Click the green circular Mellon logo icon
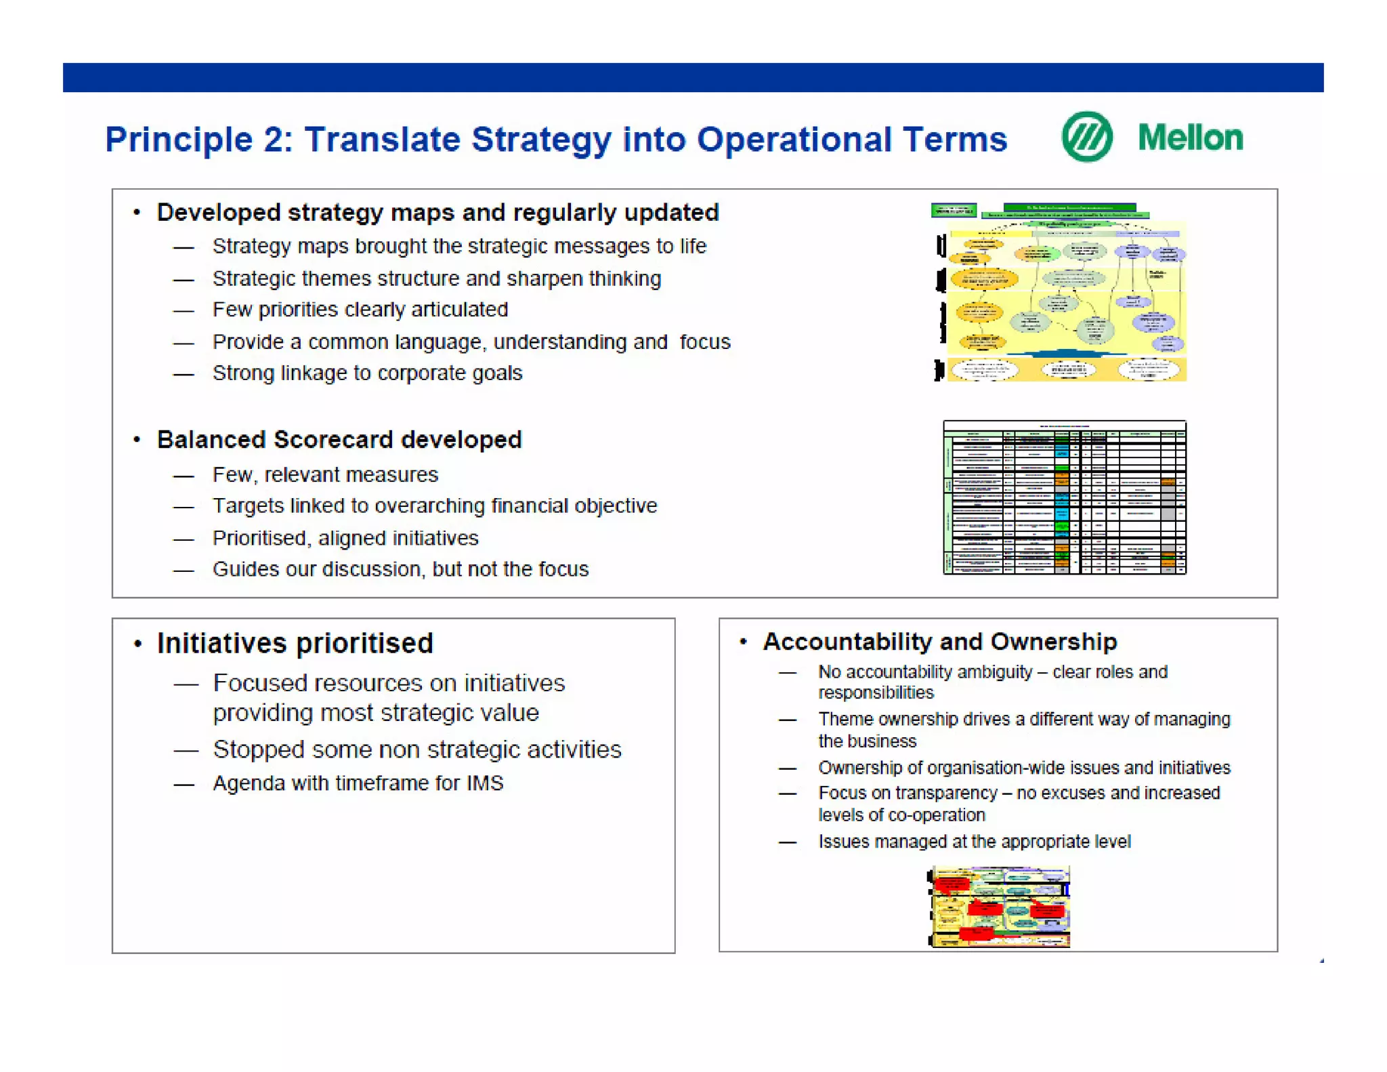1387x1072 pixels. (x=1086, y=138)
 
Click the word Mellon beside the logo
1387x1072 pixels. (x=1190, y=138)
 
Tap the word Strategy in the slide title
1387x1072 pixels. (x=541, y=140)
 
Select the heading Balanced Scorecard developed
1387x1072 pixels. (x=339, y=440)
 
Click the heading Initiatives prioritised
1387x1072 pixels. (x=295, y=643)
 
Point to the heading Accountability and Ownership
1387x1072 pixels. (x=939, y=642)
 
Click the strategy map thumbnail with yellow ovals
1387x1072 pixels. (x=1060, y=293)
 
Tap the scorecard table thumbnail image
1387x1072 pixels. (x=1064, y=497)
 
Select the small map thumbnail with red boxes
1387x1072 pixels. (x=999, y=907)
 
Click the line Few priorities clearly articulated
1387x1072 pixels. (x=360, y=310)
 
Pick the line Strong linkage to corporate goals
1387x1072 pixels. (x=367, y=373)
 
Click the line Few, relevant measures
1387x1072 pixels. (x=325, y=475)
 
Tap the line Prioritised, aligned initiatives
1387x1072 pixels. (x=345, y=538)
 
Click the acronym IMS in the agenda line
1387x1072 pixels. (x=485, y=783)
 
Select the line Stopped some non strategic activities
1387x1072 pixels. (x=417, y=749)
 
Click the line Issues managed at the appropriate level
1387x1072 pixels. (x=974, y=842)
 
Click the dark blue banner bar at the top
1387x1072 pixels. (x=693, y=77)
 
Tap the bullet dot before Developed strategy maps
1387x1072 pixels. (x=137, y=213)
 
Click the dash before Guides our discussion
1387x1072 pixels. (x=184, y=571)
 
